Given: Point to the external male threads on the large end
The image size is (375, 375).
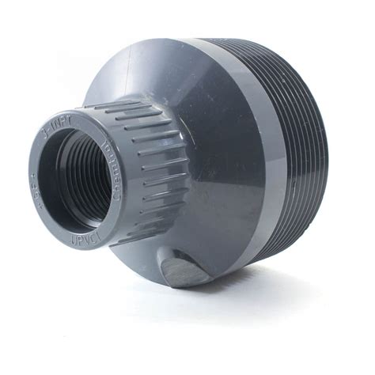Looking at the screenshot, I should click(305, 150).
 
